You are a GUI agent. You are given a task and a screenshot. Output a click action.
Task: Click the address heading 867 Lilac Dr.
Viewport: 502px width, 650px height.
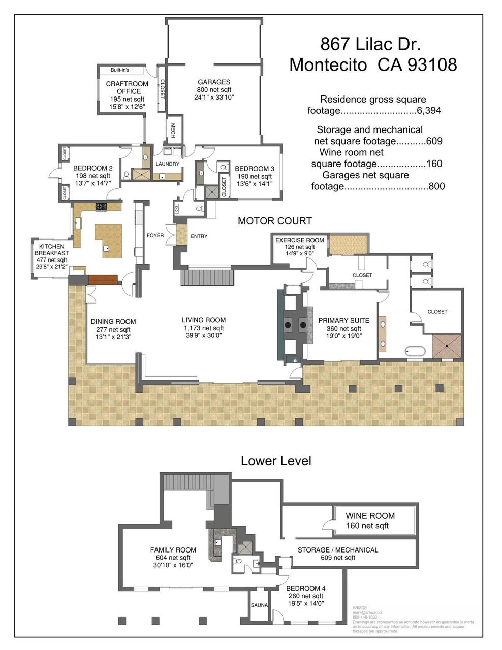(x=370, y=44)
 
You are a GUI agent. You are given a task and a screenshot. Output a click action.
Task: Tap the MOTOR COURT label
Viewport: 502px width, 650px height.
(x=275, y=221)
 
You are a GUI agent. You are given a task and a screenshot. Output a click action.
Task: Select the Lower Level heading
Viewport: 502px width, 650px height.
(x=276, y=461)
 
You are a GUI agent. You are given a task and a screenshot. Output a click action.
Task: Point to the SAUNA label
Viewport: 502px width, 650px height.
(x=259, y=605)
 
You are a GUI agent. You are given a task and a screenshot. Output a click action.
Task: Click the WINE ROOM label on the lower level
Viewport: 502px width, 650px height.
(x=370, y=515)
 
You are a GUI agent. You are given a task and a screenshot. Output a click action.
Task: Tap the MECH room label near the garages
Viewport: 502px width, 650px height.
(x=173, y=131)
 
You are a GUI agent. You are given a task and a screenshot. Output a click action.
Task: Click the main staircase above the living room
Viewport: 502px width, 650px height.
(x=208, y=278)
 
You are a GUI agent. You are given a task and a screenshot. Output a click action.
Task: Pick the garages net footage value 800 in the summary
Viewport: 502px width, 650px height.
(x=436, y=186)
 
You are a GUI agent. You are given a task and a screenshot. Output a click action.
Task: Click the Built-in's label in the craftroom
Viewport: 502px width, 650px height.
(x=120, y=70)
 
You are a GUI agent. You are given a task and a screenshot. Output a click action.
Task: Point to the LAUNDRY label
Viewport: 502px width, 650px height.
(x=168, y=164)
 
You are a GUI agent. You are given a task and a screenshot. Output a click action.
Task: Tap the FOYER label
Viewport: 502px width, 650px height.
(x=155, y=235)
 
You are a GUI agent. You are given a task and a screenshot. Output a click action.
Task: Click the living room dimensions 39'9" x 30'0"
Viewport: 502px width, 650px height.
(x=204, y=336)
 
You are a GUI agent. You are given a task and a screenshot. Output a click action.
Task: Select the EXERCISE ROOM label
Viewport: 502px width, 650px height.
(x=299, y=240)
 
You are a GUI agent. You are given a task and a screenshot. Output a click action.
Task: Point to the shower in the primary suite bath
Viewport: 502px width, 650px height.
(x=447, y=345)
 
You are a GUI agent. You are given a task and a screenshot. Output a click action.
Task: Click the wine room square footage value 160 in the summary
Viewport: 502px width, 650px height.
(x=434, y=164)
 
